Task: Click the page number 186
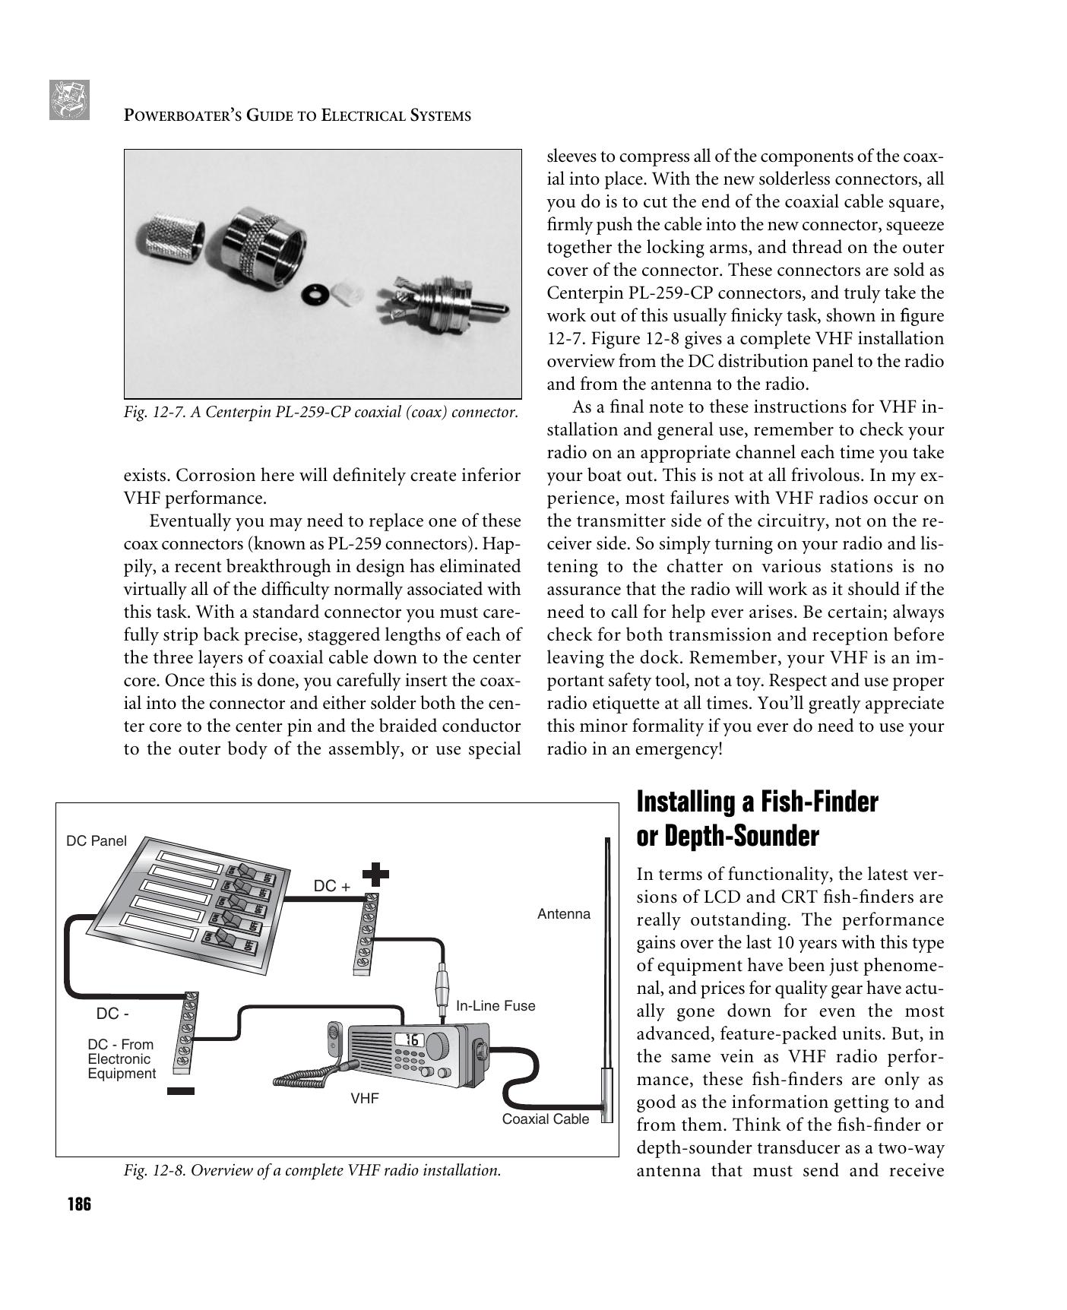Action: pyautogui.click(x=79, y=1204)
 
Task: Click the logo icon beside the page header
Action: pyautogui.click(x=69, y=100)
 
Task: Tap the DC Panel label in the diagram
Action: pyautogui.click(x=97, y=841)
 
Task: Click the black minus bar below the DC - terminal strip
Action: pyautogui.click(x=181, y=1091)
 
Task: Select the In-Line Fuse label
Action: pyautogui.click(x=496, y=1006)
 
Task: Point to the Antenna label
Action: pyautogui.click(x=563, y=914)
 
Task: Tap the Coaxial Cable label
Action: pyautogui.click(x=545, y=1119)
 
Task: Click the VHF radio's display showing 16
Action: pyautogui.click(x=410, y=1039)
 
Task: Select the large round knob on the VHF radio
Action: pyautogui.click(x=439, y=1045)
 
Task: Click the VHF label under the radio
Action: pyautogui.click(x=364, y=1099)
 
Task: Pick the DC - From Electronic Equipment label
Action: pyautogui.click(x=121, y=1058)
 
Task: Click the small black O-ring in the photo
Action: pyautogui.click(x=312, y=293)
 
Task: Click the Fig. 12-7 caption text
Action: pyautogui.click(x=321, y=413)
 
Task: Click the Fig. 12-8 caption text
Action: pyautogui.click(x=312, y=1170)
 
